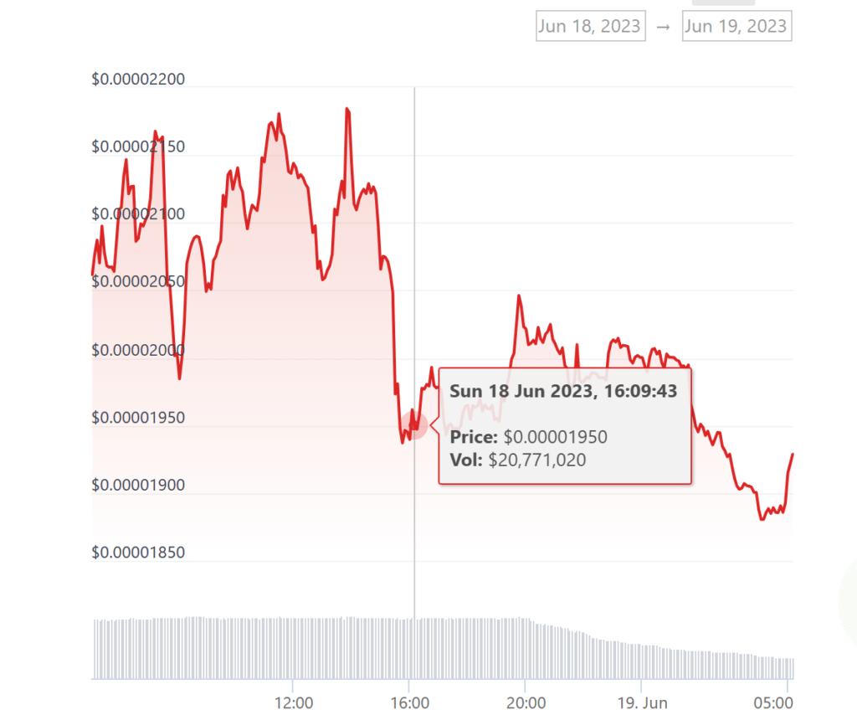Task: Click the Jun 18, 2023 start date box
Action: pyautogui.click(x=589, y=26)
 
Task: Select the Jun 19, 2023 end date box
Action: pyautogui.click(x=736, y=26)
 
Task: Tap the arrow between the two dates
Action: pyautogui.click(x=663, y=27)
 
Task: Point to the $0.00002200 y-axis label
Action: pyautogui.click(x=138, y=80)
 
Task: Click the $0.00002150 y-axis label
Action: pyautogui.click(x=138, y=147)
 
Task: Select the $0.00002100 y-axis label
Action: pyautogui.click(x=138, y=215)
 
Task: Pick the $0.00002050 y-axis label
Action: pyautogui.click(x=138, y=282)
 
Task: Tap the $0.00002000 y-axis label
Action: pyautogui.click(x=138, y=350)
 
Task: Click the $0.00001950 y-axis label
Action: pyautogui.click(x=138, y=418)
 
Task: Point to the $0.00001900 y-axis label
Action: pyautogui.click(x=138, y=486)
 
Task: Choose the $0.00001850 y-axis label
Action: pyautogui.click(x=138, y=553)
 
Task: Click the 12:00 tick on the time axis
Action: pyautogui.click(x=294, y=702)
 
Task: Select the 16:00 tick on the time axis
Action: pyautogui.click(x=409, y=702)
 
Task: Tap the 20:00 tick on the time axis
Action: pyautogui.click(x=525, y=702)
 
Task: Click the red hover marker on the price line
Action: pyautogui.click(x=413, y=425)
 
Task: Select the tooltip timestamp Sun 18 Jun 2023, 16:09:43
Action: pyautogui.click(x=563, y=391)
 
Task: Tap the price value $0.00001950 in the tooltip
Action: pyautogui.click(x=555, y=437)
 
